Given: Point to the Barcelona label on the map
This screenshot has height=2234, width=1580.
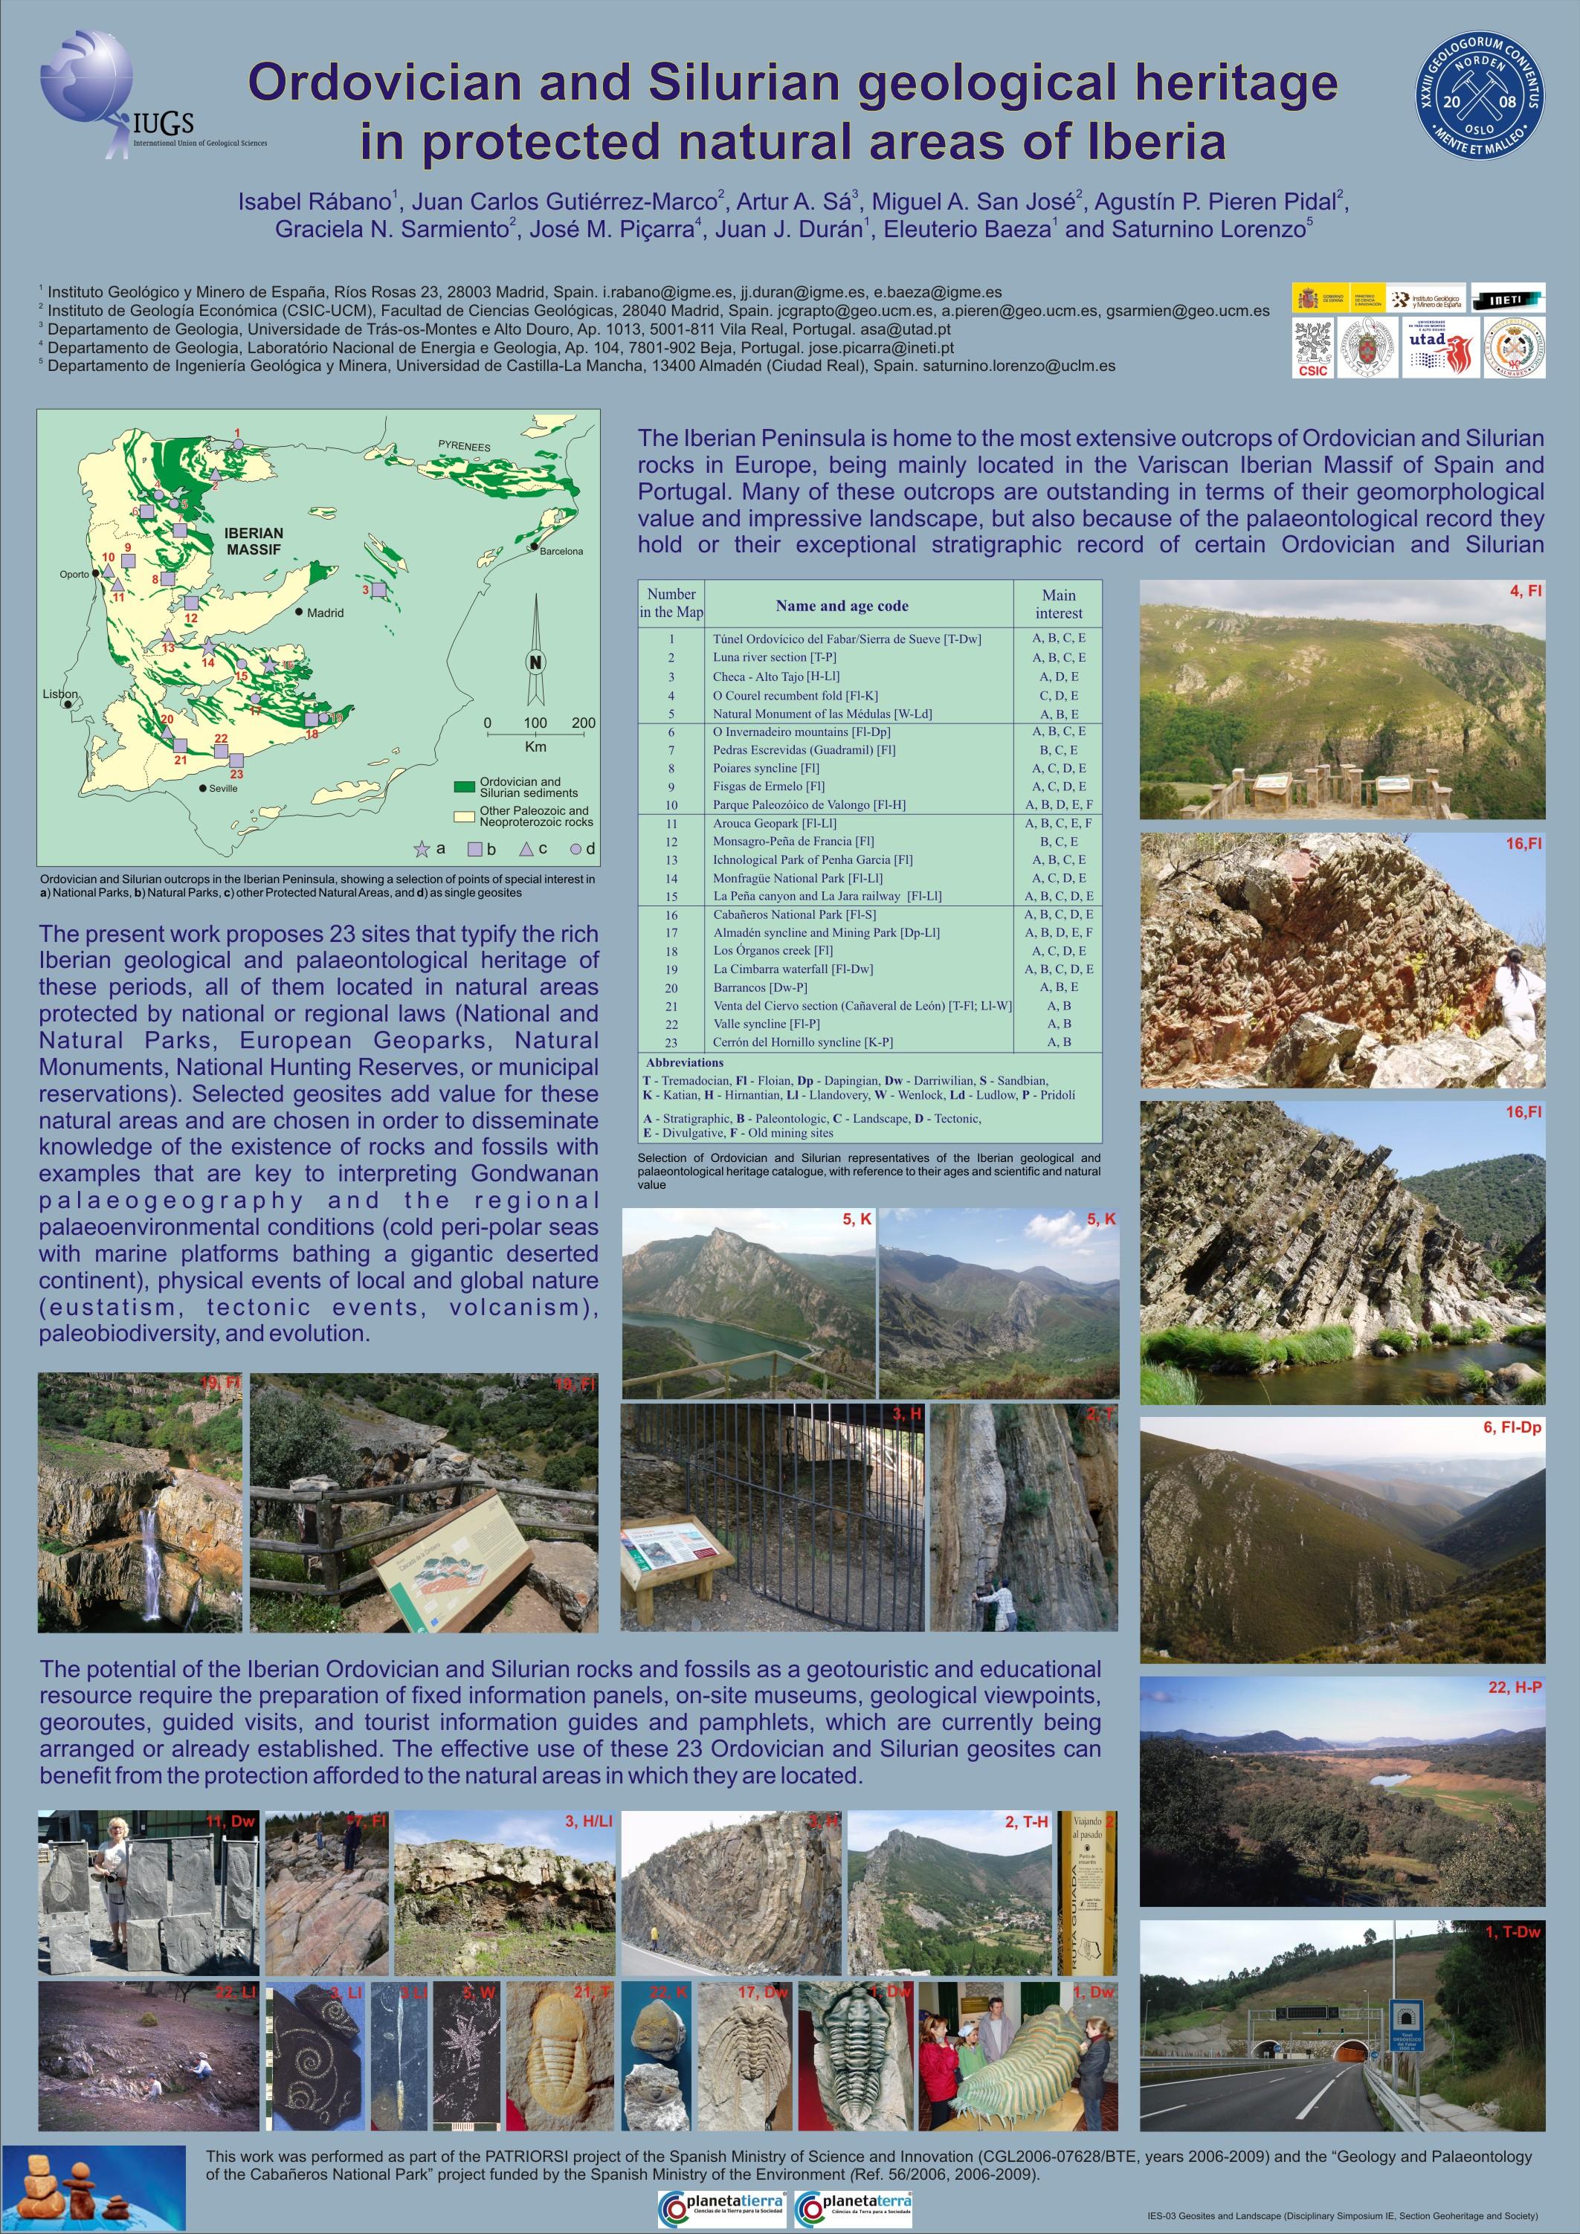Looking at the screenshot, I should [561, 551].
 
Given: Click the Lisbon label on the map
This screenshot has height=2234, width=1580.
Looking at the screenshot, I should [60, 694].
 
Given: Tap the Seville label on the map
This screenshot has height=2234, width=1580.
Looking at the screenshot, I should [223, 788].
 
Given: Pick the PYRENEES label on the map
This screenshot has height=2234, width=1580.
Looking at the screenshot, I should [464, 447].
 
